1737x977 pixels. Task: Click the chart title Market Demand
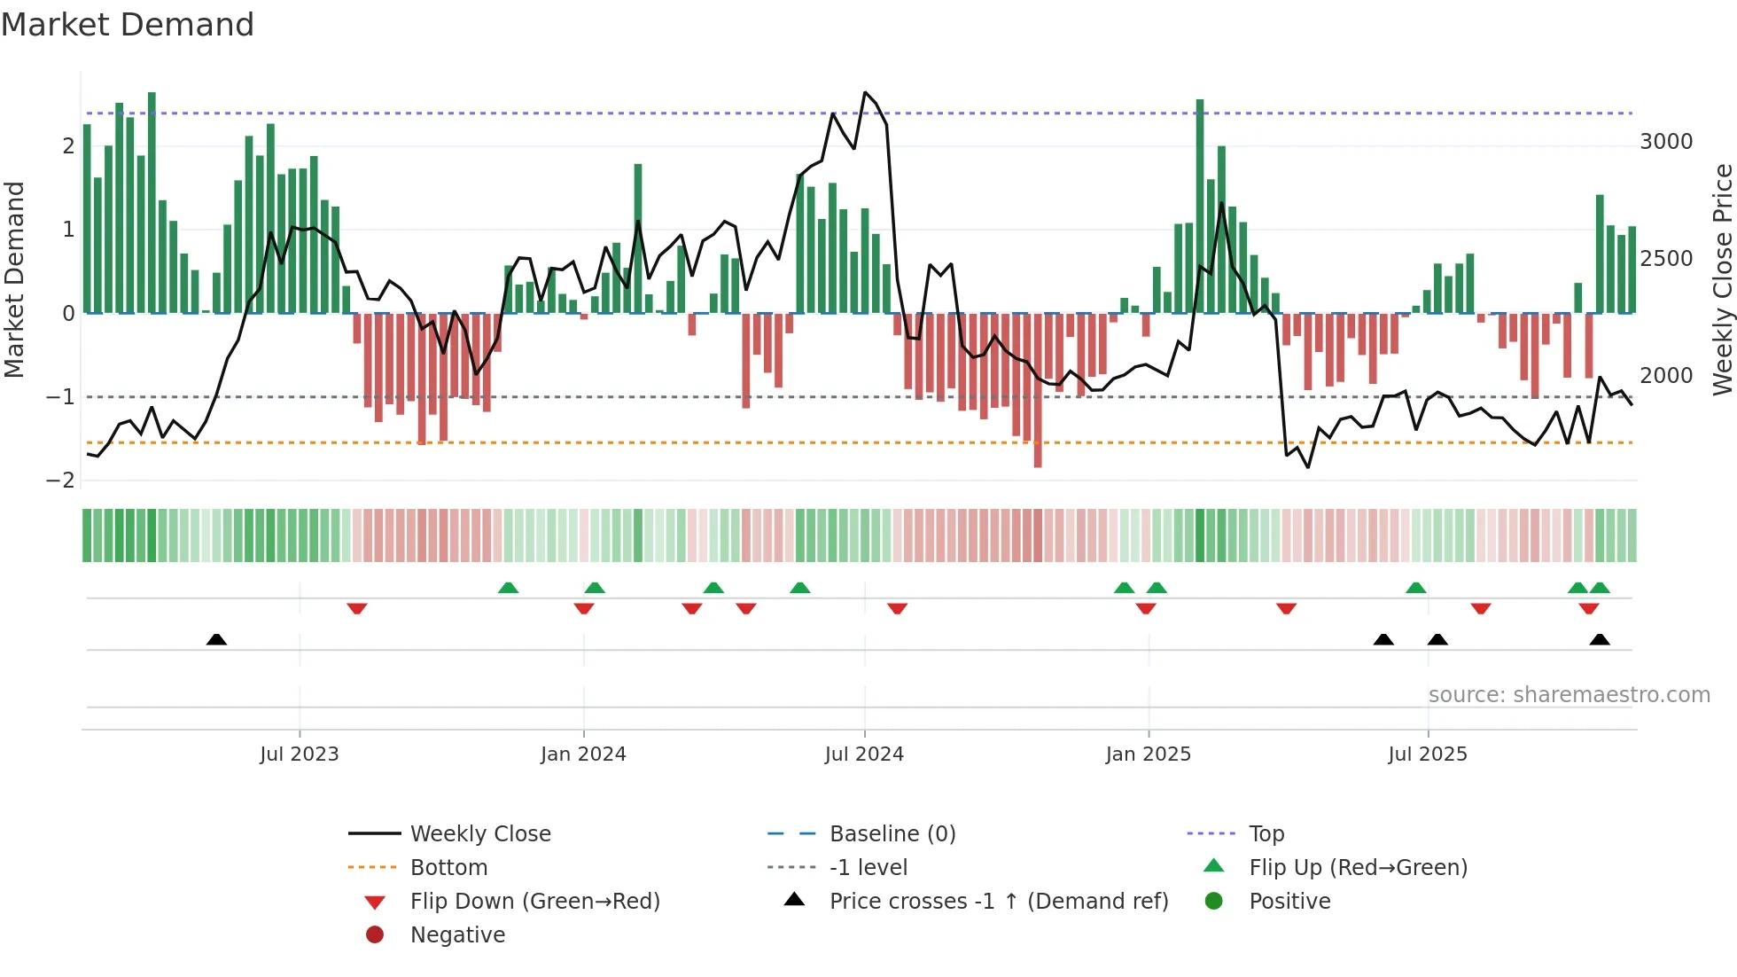tap(128, 24)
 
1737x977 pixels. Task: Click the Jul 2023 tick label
tap(300, 754)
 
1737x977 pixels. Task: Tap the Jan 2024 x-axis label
tap(583, 754)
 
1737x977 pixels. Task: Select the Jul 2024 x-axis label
tap(864, 754)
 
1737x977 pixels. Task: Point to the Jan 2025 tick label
tap(1149, 754)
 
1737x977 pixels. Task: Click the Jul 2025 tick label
tap(1428, 754)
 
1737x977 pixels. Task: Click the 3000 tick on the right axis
tap(1666, 142)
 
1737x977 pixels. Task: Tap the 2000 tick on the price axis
tap(1666, 375)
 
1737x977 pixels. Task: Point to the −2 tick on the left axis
tap(60, 480)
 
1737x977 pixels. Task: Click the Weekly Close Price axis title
tap(1722, 279)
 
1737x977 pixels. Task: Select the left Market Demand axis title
tap(14, 279)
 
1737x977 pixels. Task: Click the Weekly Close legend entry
tap(480, 833)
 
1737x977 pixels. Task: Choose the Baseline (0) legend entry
tap(892, 833)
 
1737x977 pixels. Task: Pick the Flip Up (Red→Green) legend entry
tap(1358, 867)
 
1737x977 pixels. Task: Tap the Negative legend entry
tap(457, 934)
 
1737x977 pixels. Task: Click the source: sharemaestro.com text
tap(1569, 694)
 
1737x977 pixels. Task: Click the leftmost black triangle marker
tap(216, 639)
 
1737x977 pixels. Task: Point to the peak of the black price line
tap(865, 92)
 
